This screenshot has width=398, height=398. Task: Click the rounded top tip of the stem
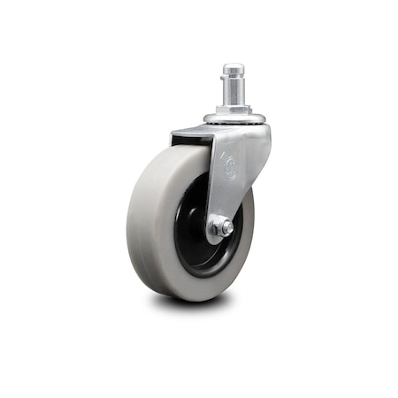233,67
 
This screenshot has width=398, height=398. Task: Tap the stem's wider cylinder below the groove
233,96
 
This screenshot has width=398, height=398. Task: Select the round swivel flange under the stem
233,117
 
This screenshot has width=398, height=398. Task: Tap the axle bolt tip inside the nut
226,228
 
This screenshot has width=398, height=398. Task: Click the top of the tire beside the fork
181,150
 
